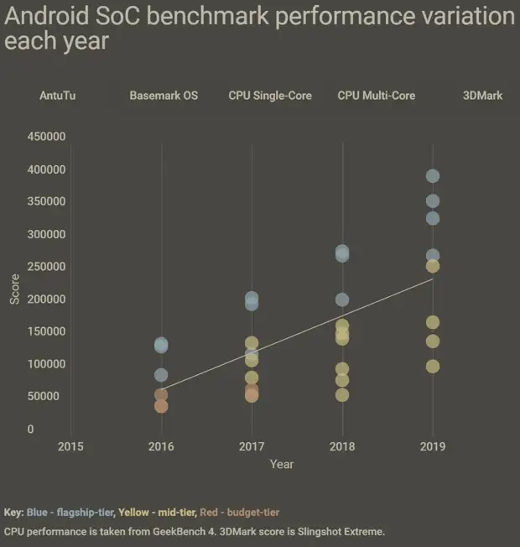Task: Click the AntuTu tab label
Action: pyautogui.click(x=57, y=96)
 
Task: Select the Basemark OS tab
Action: pyautogui.click(x=164, y=96)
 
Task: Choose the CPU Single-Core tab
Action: pyautogui.click(x=270, y=96)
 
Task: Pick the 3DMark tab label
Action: pyautogui.click(x=482, y=96)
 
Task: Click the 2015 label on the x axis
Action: pyautogui.click(x=70, y=445)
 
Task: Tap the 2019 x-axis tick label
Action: pyautogui.click(x=432, y=445)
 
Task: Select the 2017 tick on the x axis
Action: pyautogui.click(x=252, y=445)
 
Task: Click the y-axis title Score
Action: pyautogui.click(x=14, y=287)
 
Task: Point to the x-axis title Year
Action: pyautogui.click(x=282, y=463)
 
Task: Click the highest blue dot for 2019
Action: pyautogui.click(x=433, y=176)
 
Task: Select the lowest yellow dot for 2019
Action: pyautogui.click(x=433, y=367)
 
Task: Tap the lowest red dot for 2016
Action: pyautogui.click(x=161, y=406)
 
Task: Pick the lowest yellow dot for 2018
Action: pyautogui.click(x=342, y=395)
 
